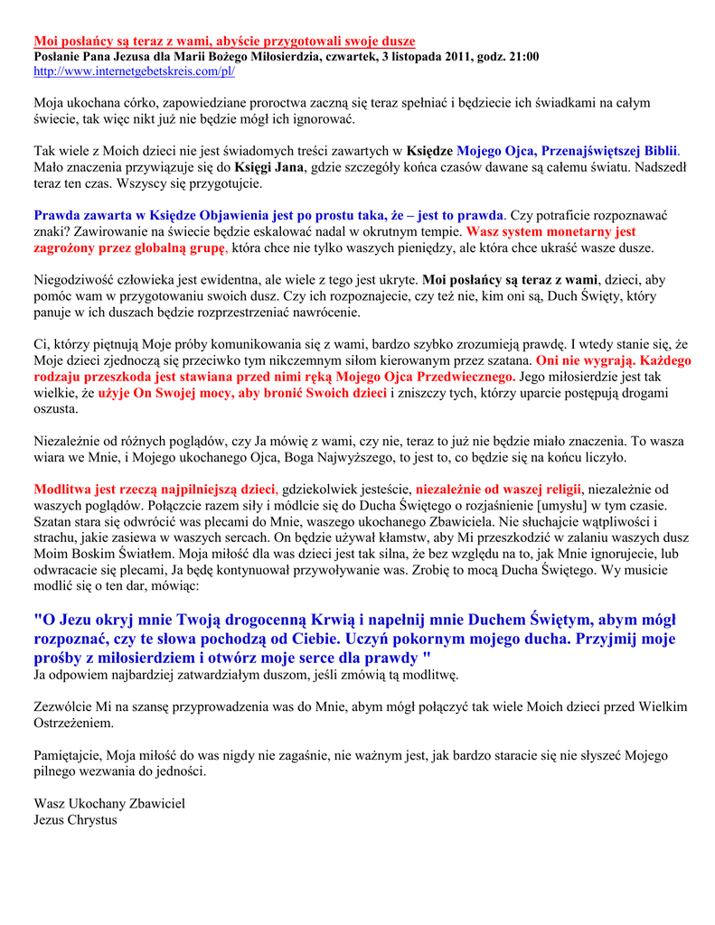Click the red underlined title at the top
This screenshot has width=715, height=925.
click(x=224, y=42)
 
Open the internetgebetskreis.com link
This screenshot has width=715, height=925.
click(x=135, y=70)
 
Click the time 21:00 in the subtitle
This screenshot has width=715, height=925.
click(x=522, y=56)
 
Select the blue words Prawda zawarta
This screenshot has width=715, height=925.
click(x=82, y=215)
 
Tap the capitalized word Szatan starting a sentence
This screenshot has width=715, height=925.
click(x=55, y=522)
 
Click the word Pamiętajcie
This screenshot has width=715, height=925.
click(x=70, y=756)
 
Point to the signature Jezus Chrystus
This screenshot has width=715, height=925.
click(x=76, y=820)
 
